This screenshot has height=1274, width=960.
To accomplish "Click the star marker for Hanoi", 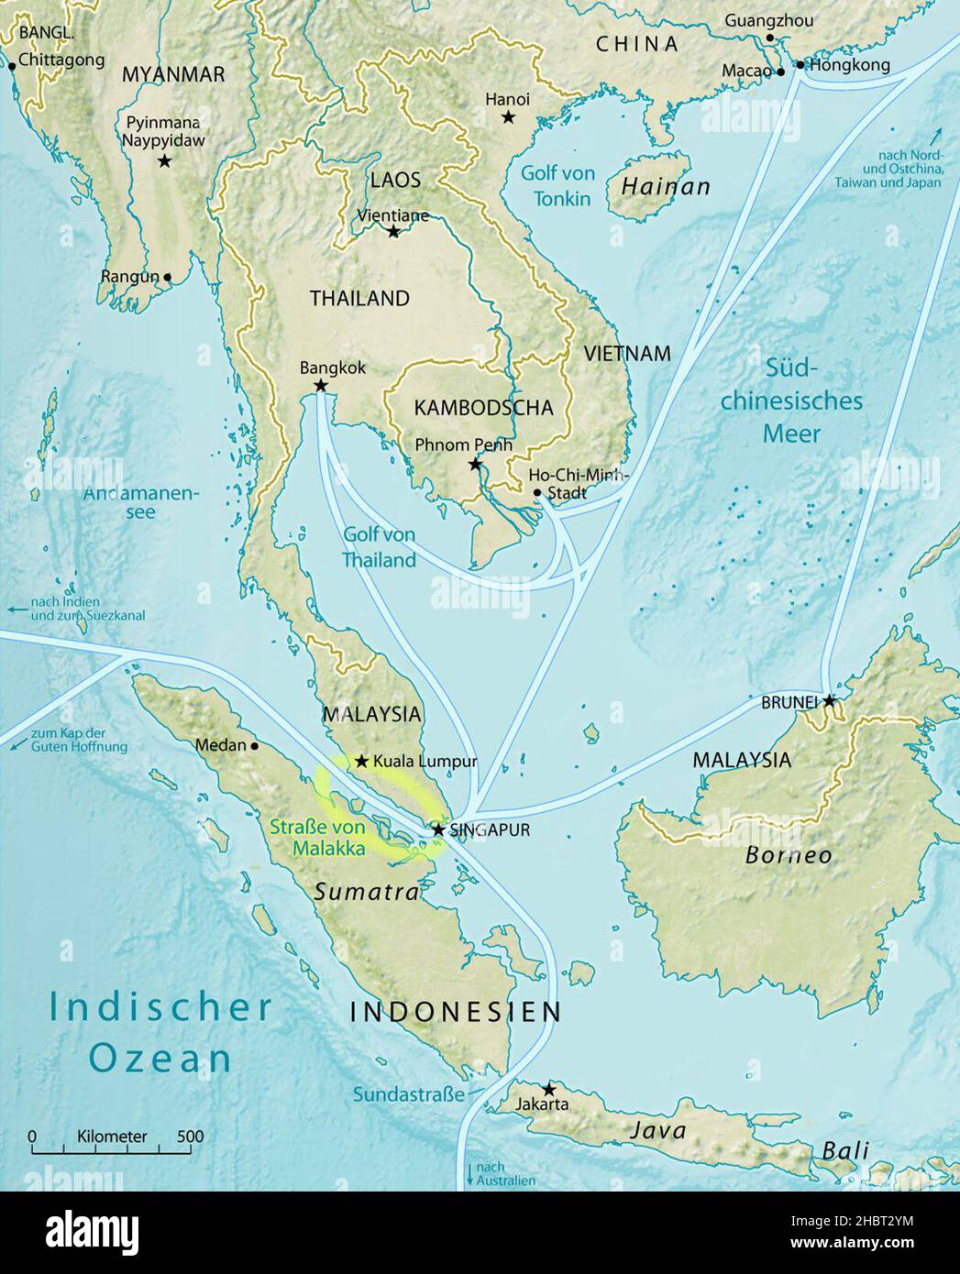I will [x=508, y=117].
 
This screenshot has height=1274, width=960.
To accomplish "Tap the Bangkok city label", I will [x=332, y=368].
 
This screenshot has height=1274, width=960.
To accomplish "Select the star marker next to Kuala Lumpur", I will [x=362, y=761].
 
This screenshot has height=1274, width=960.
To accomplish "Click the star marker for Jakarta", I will [x=548, y=1089].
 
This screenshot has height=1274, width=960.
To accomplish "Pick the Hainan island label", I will [x=666, y=187].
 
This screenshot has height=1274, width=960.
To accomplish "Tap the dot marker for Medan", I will [x=254, y=745].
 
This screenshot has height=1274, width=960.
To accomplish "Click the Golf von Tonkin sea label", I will [x=557, y=185].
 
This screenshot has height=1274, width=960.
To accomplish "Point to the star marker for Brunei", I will [x=829, y=701].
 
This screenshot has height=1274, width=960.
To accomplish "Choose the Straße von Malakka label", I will [x=317, y=838].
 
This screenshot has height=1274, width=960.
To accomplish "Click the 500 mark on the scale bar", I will [x=190, y=1137].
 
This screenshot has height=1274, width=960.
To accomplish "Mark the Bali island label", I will [x=844, y=1151].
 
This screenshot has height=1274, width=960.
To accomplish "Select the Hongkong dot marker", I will [x=800, y=66].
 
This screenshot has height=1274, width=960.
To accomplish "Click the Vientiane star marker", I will [x=393, y=232].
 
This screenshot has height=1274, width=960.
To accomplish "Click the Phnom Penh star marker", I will [x=474, y=465].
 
